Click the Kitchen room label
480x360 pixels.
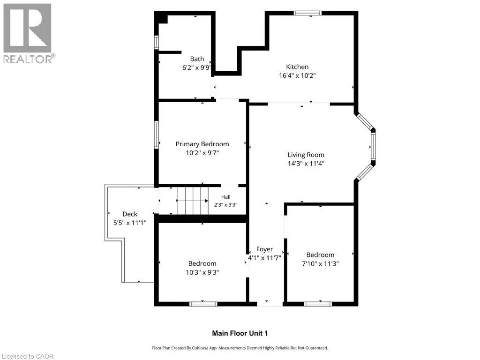coord(297,67)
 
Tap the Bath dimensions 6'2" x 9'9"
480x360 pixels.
coord(196,67)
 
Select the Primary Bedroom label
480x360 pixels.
coord(202,144)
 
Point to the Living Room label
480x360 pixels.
coord(306,155)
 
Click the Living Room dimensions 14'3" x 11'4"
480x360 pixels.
coord(306,164)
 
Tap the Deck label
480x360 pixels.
coord(130,214)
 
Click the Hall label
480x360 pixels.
coord(225,197)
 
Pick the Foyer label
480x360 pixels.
coord(264,249)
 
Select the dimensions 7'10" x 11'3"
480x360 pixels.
coord(320,263)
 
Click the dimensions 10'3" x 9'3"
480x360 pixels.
coord(202,272)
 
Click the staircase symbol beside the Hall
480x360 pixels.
coord(193,201)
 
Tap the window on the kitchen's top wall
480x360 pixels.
coord(307,13)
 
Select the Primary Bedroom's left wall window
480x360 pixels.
coord(157,135)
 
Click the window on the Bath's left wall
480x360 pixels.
coord(157,43)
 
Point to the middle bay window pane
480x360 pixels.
coord(373,147)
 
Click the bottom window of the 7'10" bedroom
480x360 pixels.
coord(318,304)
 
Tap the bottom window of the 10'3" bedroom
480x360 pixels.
coord(203,304)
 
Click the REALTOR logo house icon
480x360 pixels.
coord(27,28)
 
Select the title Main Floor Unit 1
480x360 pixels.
coord(240,333)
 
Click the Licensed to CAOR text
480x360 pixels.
coord(28,356)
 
